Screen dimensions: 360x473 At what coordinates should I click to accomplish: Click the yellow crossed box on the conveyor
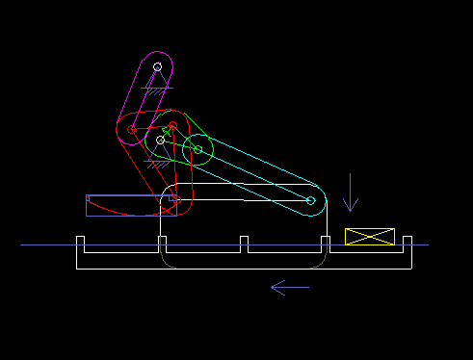point(370,236)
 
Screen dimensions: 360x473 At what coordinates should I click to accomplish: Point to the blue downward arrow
point(351,193)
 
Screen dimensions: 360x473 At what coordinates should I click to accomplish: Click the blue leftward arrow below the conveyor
point(290,287)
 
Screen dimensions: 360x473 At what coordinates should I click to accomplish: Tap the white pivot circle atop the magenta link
point(158,67)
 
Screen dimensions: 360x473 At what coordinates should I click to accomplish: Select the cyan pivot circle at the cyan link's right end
point(310,200)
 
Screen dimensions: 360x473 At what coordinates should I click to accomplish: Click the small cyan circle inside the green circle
point(197,149)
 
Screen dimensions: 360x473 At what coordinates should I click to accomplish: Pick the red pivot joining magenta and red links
point(132,128)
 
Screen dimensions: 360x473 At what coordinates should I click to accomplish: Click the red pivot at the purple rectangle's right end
point(175,199)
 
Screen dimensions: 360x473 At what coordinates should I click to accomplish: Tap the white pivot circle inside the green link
point(161,141)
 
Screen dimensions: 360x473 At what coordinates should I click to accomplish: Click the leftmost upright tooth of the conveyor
point(81,244)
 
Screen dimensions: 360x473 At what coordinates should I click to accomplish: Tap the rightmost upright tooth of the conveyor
point(407,244)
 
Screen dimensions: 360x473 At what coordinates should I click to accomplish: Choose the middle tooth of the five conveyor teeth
point(245,244)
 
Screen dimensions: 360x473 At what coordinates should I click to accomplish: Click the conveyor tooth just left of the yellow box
point(326,244)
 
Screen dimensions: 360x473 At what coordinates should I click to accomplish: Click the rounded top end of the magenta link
point(158,56)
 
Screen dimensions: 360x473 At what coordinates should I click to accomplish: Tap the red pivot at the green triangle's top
point(171,126)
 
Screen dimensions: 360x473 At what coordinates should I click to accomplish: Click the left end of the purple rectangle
point(88,205)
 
